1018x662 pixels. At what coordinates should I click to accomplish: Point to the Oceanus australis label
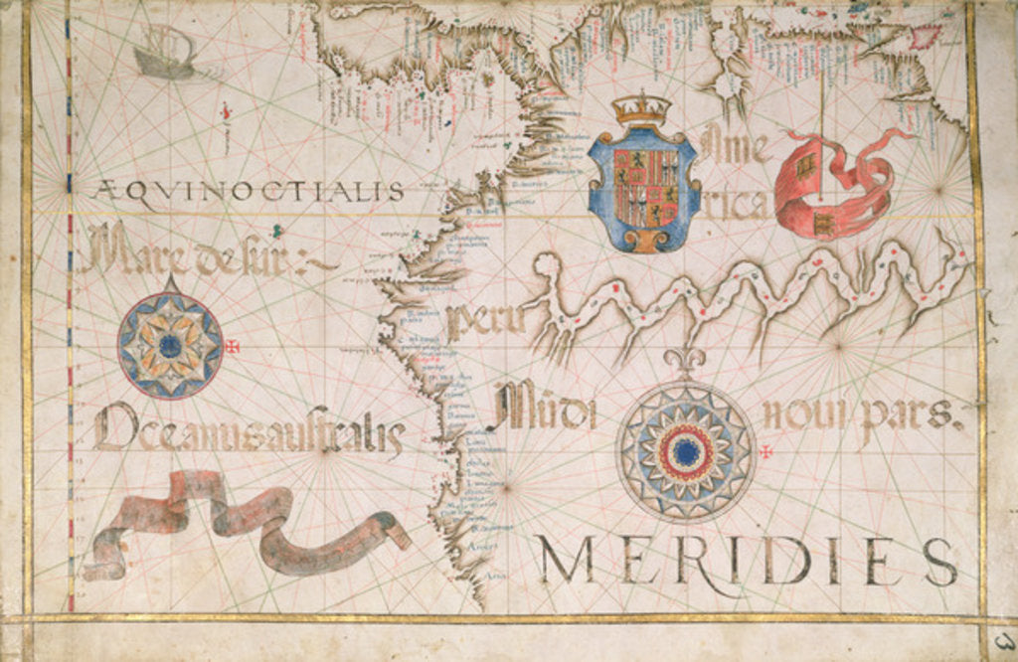click(x=249, y=432)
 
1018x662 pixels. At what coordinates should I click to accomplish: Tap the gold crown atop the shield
click(x=641, y=108)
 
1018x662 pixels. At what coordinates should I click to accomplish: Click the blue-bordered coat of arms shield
click(x=643, y=189)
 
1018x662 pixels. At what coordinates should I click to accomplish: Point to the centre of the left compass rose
click(x=170, y=345)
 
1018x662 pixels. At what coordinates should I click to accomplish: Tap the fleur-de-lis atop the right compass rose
click(x=686, y=360)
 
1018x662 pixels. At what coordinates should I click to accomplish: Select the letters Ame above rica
click(x=736, y=149)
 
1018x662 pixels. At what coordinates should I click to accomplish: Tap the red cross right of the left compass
click(x=234, y=347)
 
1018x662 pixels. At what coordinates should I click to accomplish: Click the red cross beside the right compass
click(x=766, y=453)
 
